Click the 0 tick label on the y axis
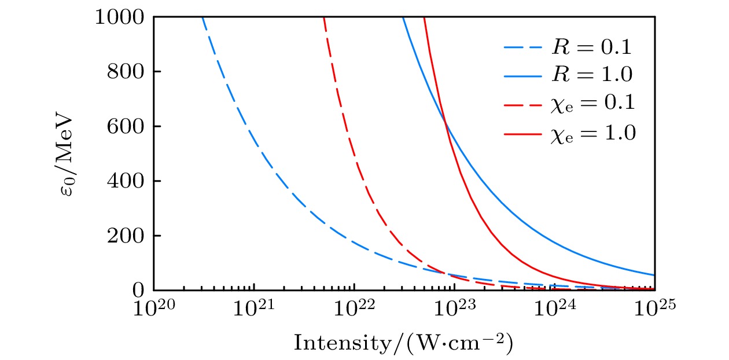click(x=138, y=290)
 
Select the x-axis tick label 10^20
click(x=153, y=309)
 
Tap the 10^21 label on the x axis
click(x=253, y=309)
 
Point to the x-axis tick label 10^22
click(x=354, y=309)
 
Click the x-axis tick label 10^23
click(x=454, y=309)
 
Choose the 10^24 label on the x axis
click(x=554, y=309)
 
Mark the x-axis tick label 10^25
click(x=654, y=309)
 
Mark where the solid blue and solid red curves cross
click(x=445, y=121)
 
